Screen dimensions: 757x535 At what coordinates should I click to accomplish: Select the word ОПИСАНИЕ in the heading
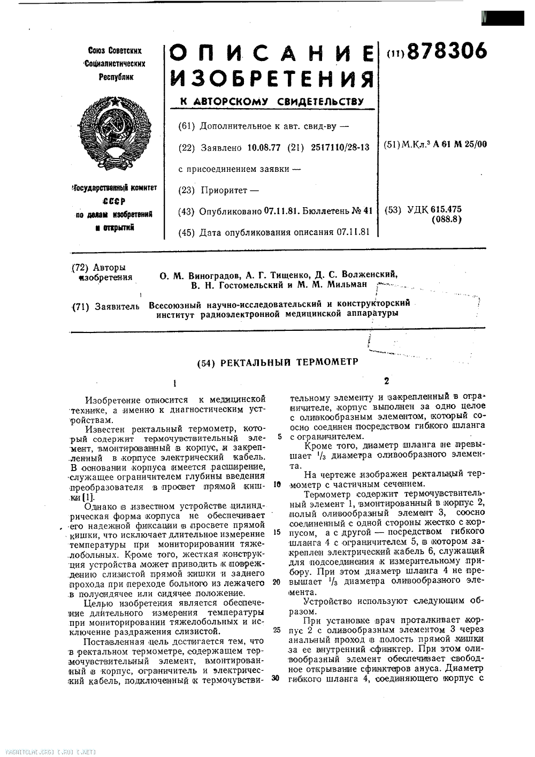pyautogui.click(x=272, y=55)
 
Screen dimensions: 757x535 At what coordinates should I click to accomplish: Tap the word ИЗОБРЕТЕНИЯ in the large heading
pyautogui.click(x=272, y=80)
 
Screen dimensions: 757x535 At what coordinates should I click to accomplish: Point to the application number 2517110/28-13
pyautogui.click(x=340, y=147)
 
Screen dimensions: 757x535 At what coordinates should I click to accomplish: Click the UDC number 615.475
pyautogui.click(x=442, y=209)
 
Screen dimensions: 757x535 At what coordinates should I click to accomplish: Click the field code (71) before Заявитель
pyautogui.click(x=81, y=307)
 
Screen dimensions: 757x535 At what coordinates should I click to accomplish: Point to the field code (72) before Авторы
pyautogui.click(x=81, y=267)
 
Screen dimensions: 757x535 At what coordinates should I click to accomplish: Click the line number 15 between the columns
pyautogui.click(x=276, y=532)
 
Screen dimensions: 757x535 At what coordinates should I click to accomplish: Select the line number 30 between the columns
pyautogui.click(x=276, y=678)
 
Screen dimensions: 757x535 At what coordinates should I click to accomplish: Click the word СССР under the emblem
pyautogui.click(x=113, y=201)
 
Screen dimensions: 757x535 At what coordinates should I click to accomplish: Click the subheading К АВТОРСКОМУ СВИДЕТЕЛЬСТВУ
pyautogui.click(x=271, y=102)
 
